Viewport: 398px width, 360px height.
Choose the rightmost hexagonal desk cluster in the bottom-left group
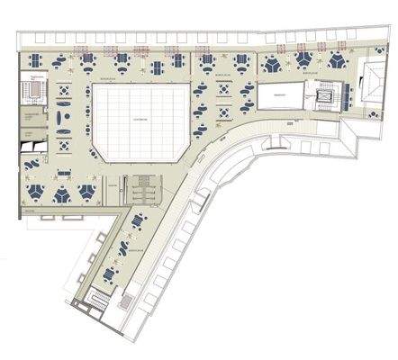(x=88, y=193)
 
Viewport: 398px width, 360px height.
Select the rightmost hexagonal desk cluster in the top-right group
(x=338, y=61)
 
